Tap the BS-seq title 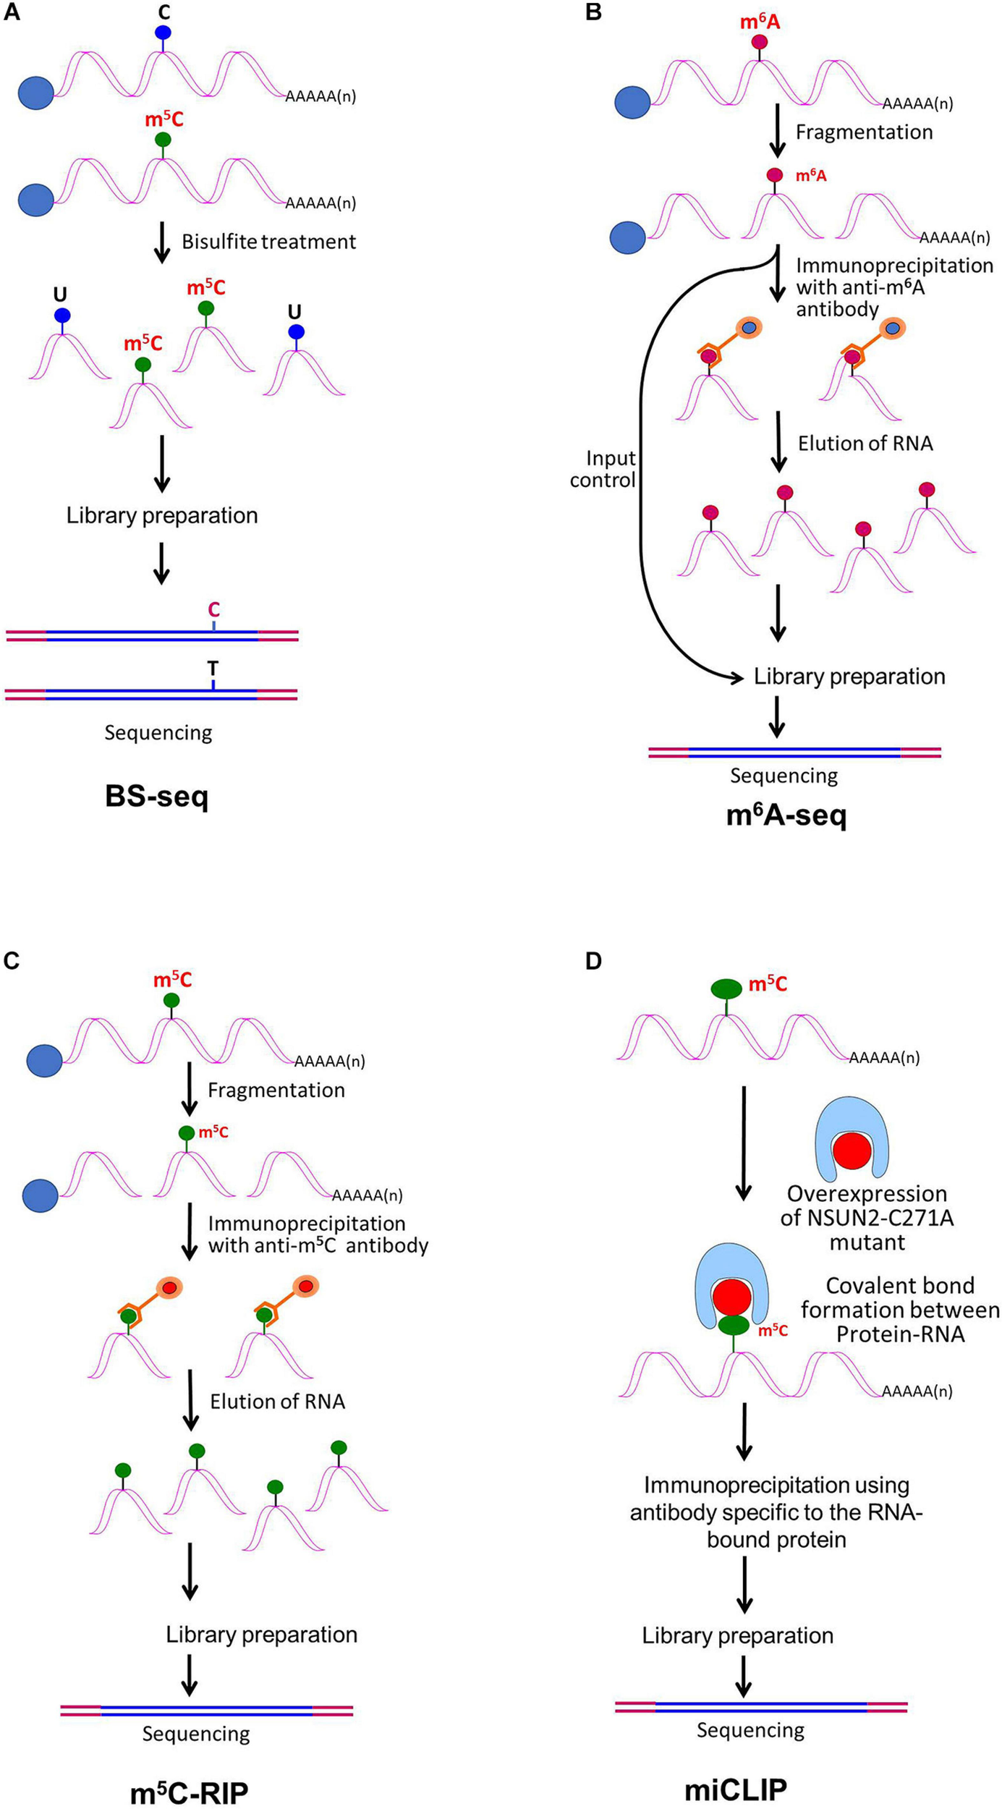pyautogui.click(x=156, y=797)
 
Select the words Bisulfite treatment pyautogui.click(x=268, y=242)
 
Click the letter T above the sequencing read pyautogui.click(x=213, y=668)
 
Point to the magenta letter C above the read pyautogui.click(x=213, y=610)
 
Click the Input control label pyautogui.click(x=603, y=469)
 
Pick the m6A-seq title pyautogui.click(x=786, y=815)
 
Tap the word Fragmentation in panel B pyautogui.click(x=864, y=132)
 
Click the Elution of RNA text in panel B pyautogui.click(x=865, y=444)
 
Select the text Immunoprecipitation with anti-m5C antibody pyautogui.click(x=318, y=1234)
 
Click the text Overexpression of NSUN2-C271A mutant pyautogui.click(x=867, y=1218)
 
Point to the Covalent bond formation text pyautogui.click(x=900, y=1310)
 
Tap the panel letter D pyautogui.click(x=593, y=961)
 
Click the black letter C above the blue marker pyautogui.click(x=164, y=12)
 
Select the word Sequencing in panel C pyautogui.click(x=195, y=1733)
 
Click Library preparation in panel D pyautogui.click(x=737, y=1635)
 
